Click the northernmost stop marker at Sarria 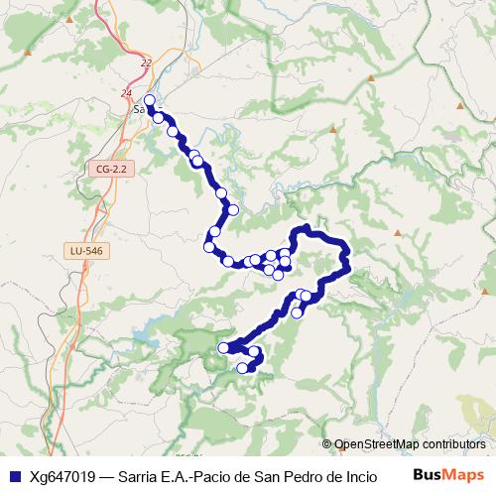pyautogui.click(x=150, y=100)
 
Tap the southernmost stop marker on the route pyautogui.click(x=242, y=368)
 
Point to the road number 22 pyautogui.click(x=147, y=62)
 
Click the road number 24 pyautogui.click(x=126, y=93)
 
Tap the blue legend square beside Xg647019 pyautogui.click(x=14, y=476)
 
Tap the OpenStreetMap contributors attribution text pyautogui.click(x=410, y=444)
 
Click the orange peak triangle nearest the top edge pyautogui.click(x=371, y=77)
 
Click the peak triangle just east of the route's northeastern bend pyautogui.click(x=398, y=233)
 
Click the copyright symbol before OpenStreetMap pyautogui.click(x=327, y=444)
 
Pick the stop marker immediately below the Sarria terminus pyautogui.click(x=158, y=118)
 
